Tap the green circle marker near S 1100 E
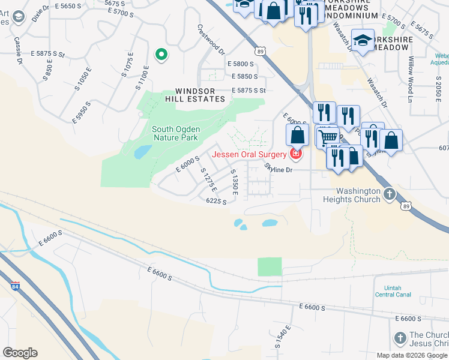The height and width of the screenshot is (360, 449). [161, 55]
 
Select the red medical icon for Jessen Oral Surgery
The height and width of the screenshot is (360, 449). [295, 155]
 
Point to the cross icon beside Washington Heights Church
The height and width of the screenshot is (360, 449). [389, 194]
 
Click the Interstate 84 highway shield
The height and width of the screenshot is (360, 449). [15, 287]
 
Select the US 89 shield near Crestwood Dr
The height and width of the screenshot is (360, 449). [259, 52]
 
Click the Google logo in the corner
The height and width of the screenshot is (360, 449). [20, 353]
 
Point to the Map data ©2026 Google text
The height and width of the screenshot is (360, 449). [411, 355]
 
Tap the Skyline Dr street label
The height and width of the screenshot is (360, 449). [278, 170]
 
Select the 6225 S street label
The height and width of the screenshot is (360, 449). [216, 202]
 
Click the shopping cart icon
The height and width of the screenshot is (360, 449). [327, 137]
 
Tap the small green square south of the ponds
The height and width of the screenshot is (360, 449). [270, 266]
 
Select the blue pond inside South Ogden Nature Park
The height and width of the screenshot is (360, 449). [142, 152]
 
